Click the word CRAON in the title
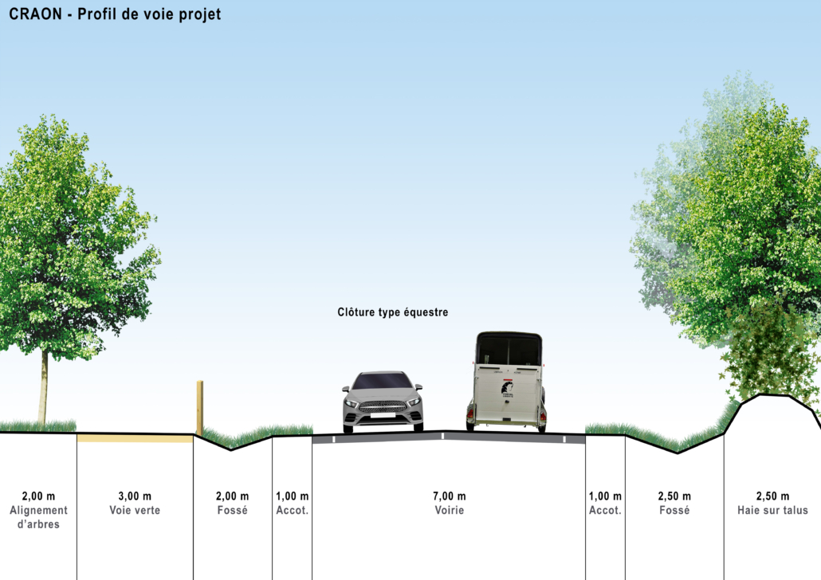(35, 14)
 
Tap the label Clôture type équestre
(393, 312)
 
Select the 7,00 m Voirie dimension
(450, 503)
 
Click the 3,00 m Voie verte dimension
(135, 503)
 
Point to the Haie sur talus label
(773, 511)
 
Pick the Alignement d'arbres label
(39, 517)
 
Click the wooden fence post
(199, 407)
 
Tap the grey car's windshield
(383, 381)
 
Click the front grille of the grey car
(383, 406)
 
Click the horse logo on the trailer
(507, 389)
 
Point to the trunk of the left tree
(44, 387)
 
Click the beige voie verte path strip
(135, 439)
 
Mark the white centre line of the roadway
(443, 436)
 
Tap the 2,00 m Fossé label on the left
(232, 503)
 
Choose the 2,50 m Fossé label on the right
(674, 503)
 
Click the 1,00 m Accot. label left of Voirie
(293, 503)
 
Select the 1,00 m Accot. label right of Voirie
(605, 503)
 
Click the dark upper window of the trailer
(509, 350)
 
